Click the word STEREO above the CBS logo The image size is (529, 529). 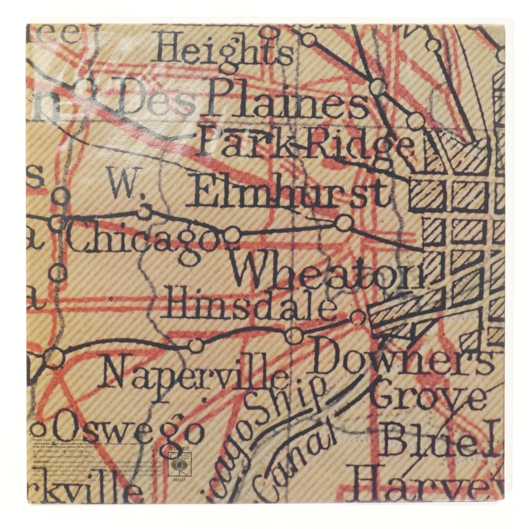[x=177, y=448]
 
